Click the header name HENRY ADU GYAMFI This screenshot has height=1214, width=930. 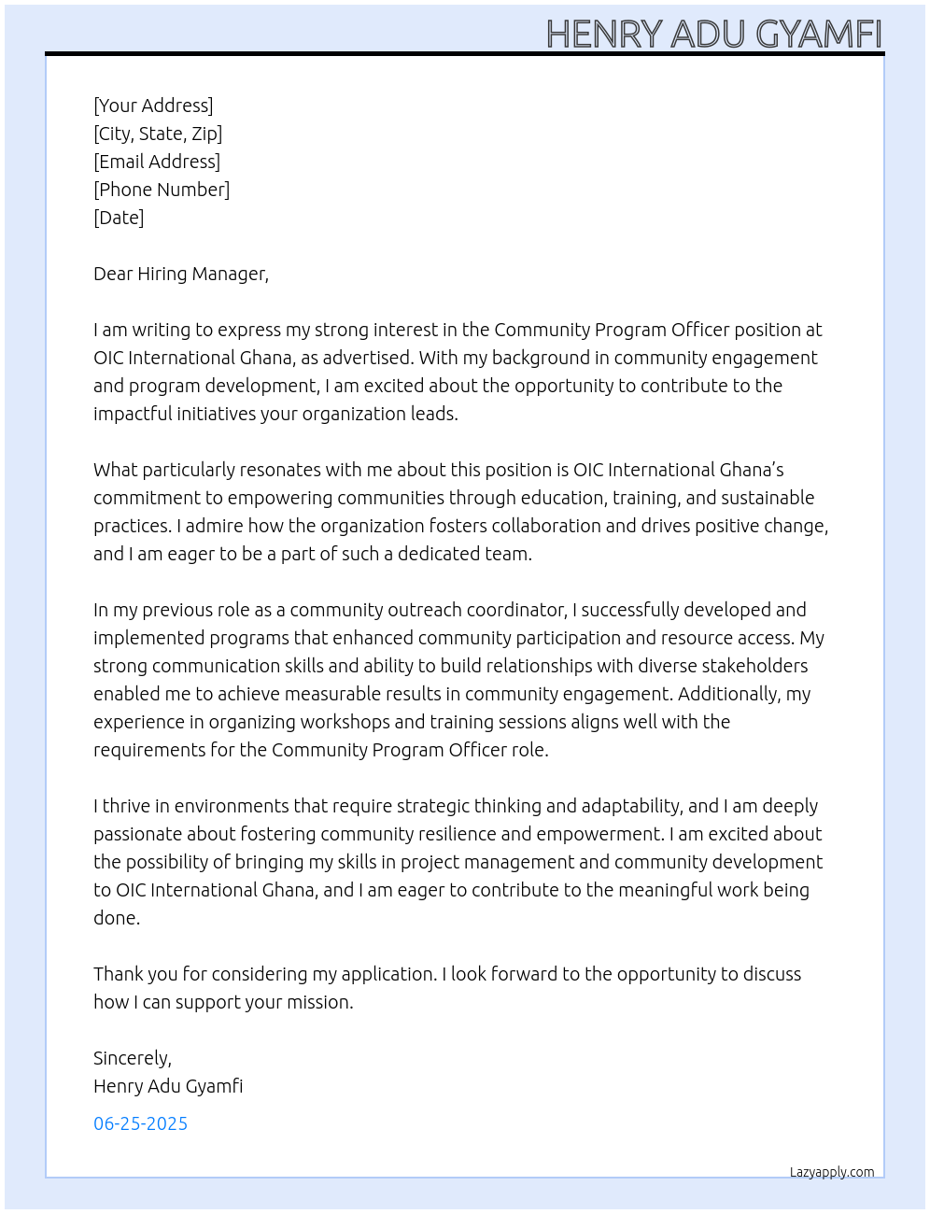713,34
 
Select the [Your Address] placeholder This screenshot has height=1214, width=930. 153,106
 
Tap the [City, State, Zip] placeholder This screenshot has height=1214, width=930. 158,134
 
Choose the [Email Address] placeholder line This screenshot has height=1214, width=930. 157,162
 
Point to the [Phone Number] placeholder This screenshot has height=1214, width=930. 162,190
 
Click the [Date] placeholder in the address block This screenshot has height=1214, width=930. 119,218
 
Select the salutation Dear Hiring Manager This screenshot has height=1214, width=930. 180,274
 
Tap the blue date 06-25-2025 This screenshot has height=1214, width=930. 140,1123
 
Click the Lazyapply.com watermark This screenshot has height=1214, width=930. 832,1172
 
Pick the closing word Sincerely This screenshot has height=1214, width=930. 132,1058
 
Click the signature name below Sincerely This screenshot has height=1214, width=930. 168,1086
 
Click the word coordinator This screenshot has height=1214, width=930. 506,610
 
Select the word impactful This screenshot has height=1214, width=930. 133,414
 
